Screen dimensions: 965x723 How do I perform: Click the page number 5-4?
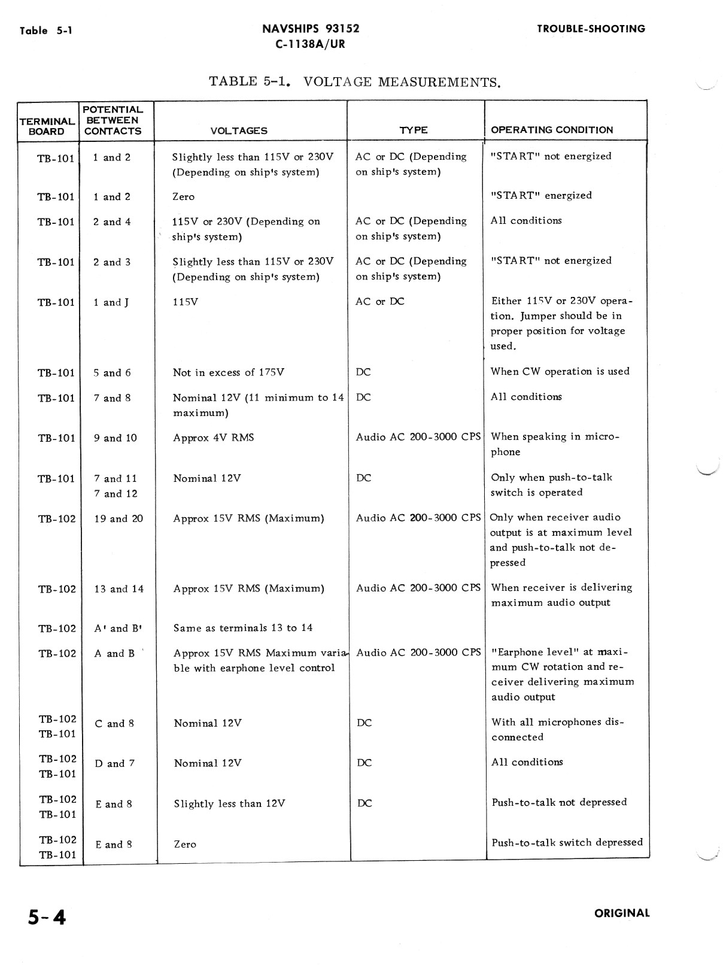(47, 917)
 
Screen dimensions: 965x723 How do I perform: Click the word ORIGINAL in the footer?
(622, 913)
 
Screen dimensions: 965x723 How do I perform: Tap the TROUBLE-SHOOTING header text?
(591, 29)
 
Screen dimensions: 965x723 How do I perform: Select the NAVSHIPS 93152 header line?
(311, 29)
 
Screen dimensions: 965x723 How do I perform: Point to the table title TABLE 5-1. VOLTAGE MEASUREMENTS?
(354, 81)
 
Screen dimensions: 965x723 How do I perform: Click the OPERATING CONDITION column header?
(552, 130)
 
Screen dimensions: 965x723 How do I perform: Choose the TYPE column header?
(414, 130)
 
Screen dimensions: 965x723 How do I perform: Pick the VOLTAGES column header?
(239, 131)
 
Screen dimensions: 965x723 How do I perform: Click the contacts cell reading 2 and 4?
(112, 222)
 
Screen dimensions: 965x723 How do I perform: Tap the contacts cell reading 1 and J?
(111, 303)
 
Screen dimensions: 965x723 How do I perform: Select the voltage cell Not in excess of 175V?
(229, 373)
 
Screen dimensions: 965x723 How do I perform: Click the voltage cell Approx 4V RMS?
(214, 438)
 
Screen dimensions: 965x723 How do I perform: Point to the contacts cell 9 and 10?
(116, 438)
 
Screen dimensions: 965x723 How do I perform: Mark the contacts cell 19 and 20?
(119, 519)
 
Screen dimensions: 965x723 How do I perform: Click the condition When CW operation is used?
(560, 372)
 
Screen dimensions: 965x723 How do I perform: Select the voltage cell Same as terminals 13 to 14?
(243, 628)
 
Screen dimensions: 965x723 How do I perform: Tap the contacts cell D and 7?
(114, 764)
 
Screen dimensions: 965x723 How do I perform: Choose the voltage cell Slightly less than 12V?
(229, 804)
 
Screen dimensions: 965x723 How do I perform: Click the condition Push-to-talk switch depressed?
(567, 843)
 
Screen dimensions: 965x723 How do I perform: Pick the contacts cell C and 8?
(114, 724)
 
